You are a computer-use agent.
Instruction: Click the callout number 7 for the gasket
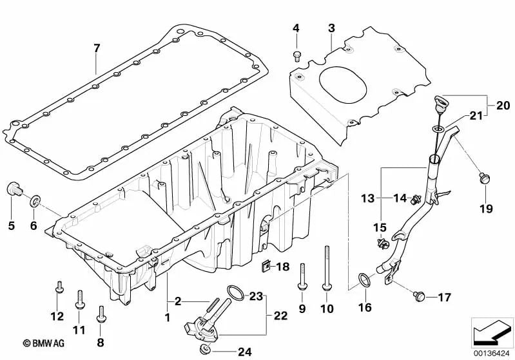(97, 48)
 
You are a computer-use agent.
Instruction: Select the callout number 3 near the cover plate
(331, 28)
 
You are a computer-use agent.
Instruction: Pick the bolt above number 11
(80, 297)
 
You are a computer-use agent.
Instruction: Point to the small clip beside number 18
(265, 265)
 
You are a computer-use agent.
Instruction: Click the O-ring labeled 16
(365, 280)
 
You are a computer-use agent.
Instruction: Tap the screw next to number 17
(418, 296)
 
